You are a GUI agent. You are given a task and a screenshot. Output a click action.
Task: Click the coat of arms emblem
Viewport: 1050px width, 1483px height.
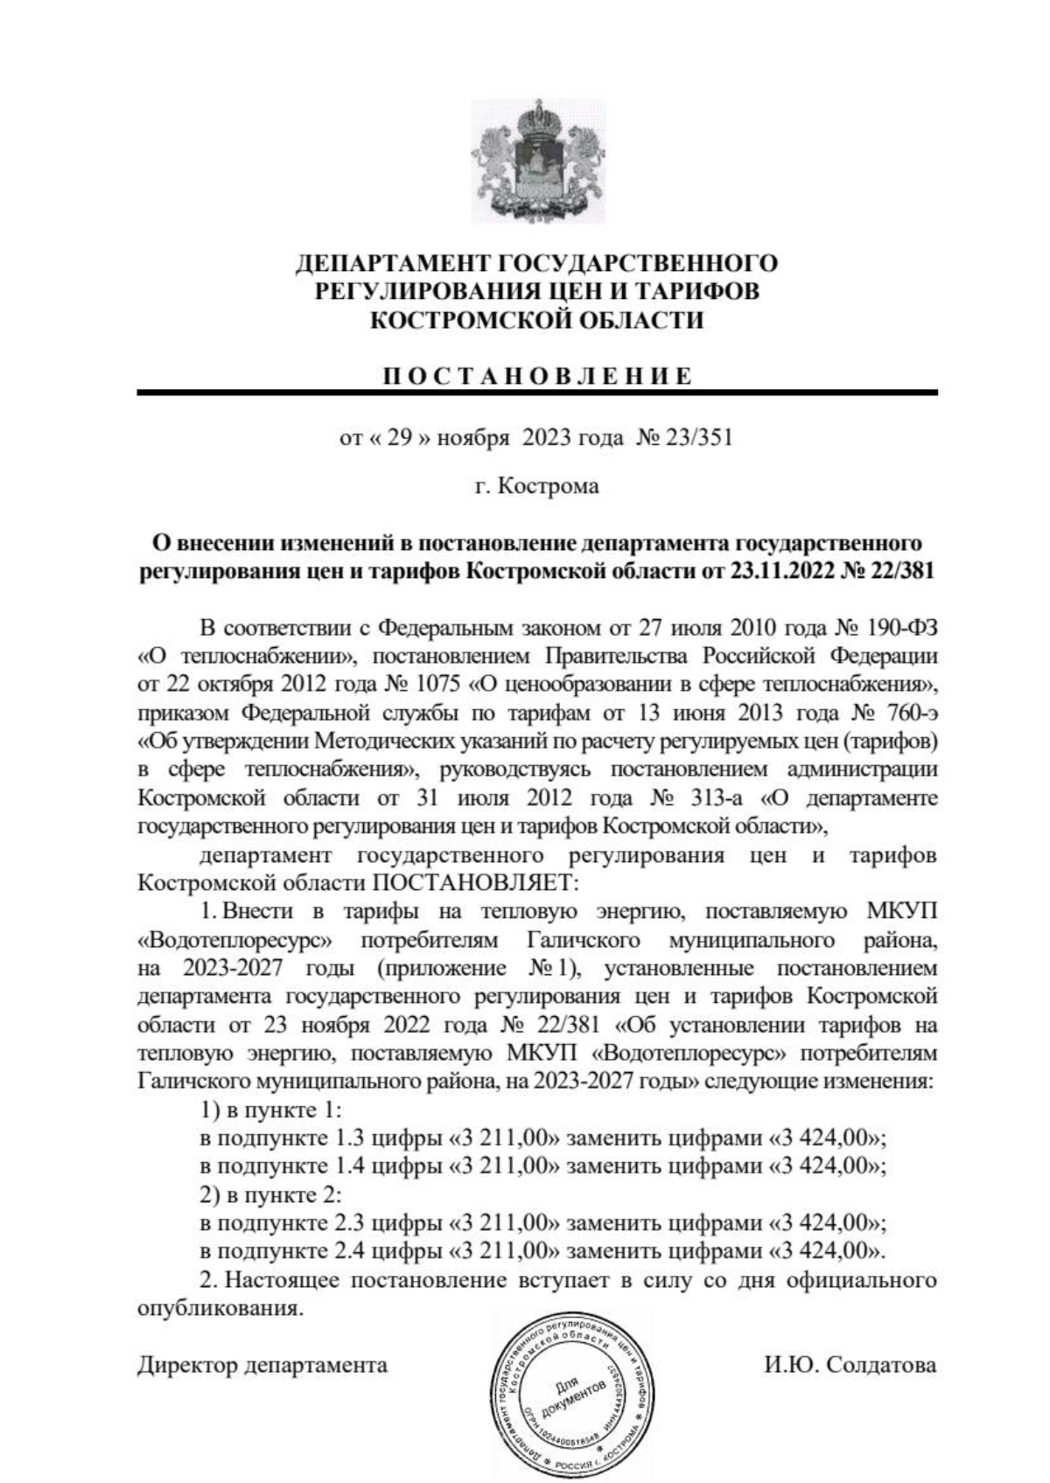537,158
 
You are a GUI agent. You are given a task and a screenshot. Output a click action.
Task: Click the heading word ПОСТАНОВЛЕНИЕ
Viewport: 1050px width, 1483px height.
537,377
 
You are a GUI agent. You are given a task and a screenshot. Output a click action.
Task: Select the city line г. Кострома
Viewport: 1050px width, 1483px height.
537,486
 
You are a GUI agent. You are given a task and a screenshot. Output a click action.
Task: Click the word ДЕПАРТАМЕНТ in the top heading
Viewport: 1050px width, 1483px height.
394,263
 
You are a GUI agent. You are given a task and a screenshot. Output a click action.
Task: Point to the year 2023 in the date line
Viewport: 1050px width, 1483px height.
546,437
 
